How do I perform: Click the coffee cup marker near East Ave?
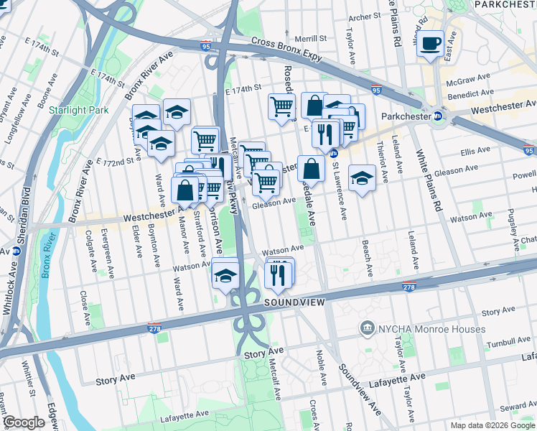tap(431, 44)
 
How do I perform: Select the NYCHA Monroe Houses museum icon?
tap(368, 328)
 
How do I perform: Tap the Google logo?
tap(24, 422)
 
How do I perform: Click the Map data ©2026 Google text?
tap(492, 425)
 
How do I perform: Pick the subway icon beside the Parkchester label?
tap(437, 116)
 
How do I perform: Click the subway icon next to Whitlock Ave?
tap(15, 251)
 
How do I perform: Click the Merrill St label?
tap(312, 37)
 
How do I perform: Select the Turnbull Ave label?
tap(507, 345)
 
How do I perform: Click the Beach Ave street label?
tap(368, 259)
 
